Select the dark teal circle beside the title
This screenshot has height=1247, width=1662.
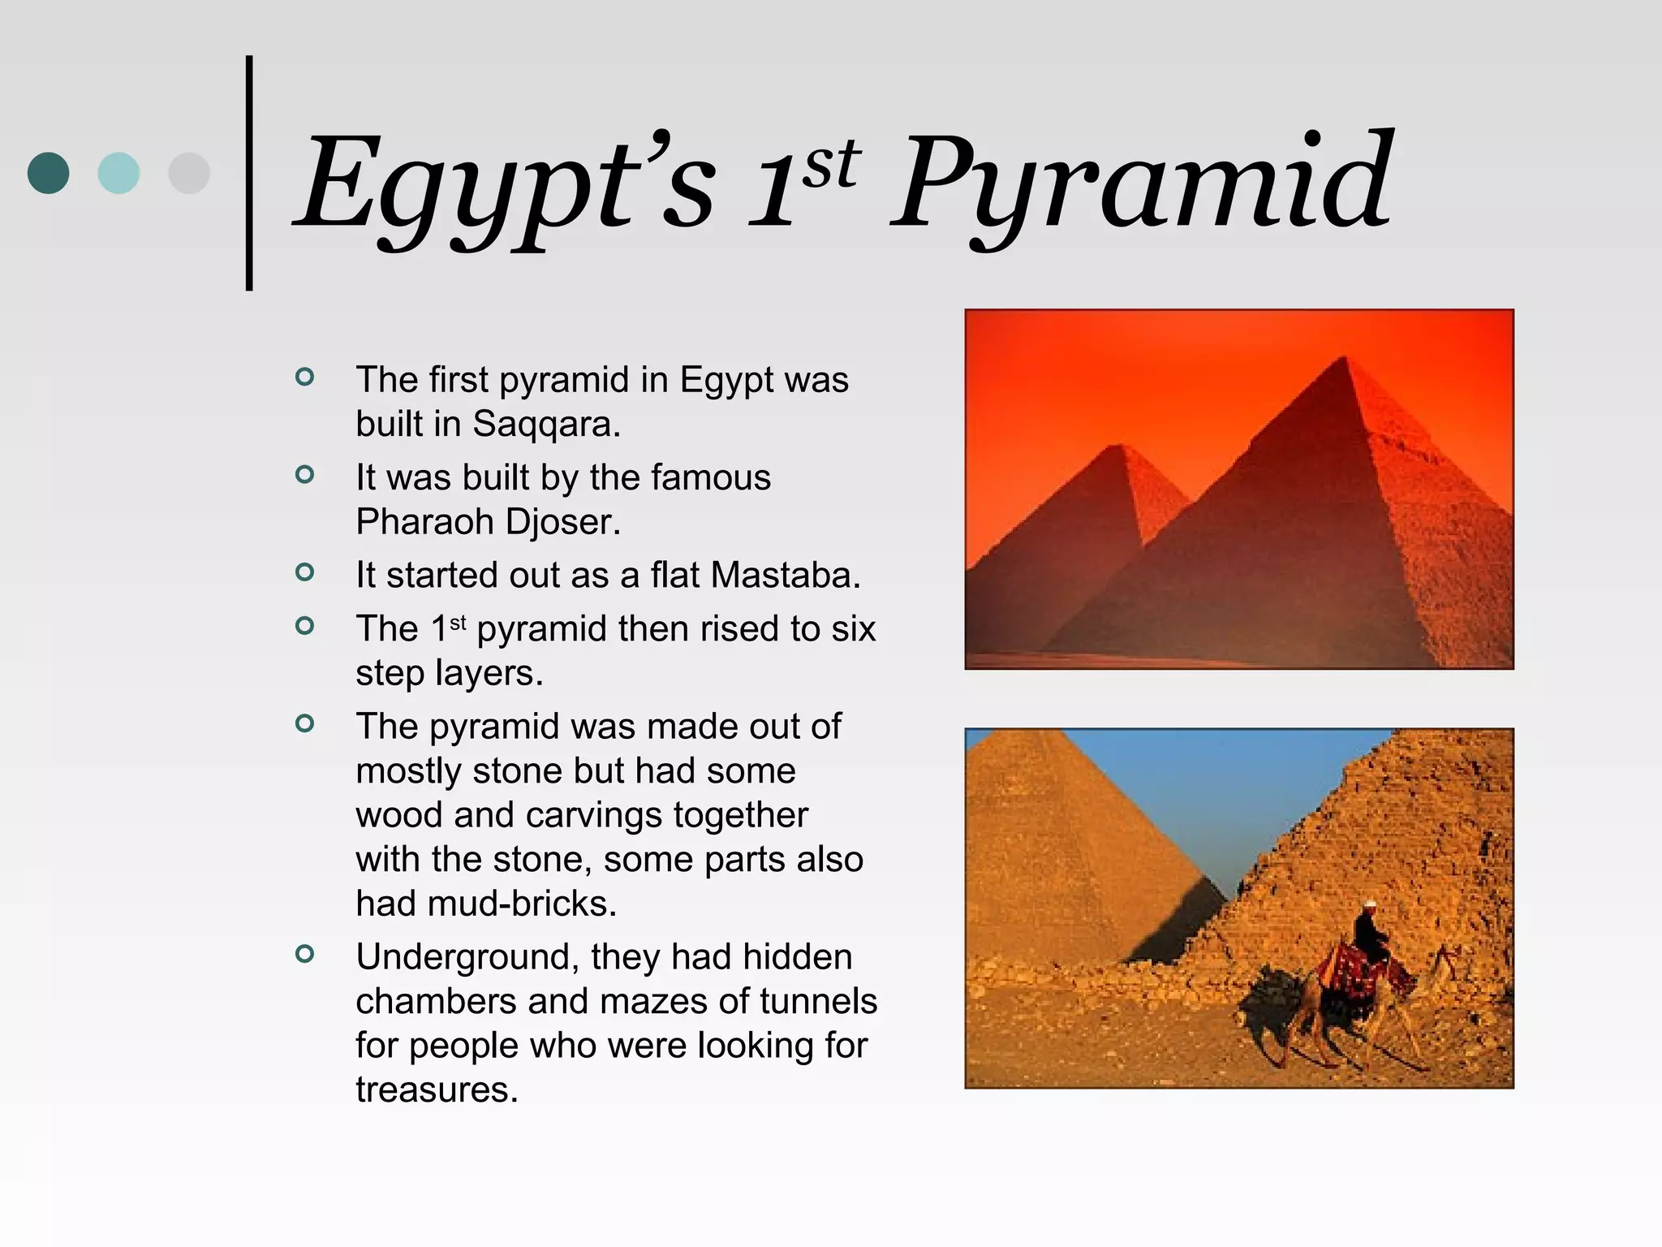(x=48, y=173)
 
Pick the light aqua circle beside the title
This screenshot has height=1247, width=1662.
(x=118, y=173)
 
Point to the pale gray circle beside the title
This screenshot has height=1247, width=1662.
(x=188, y=173)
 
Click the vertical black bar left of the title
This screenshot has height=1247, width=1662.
(x=249, y=173)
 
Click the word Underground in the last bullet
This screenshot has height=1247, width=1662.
(x=466, y=957)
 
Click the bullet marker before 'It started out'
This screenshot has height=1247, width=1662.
(x=304, y=572)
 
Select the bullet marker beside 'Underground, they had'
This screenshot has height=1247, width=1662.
(x=304, y=954)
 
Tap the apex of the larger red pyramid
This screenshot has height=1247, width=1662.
(x=1344, y=358)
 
